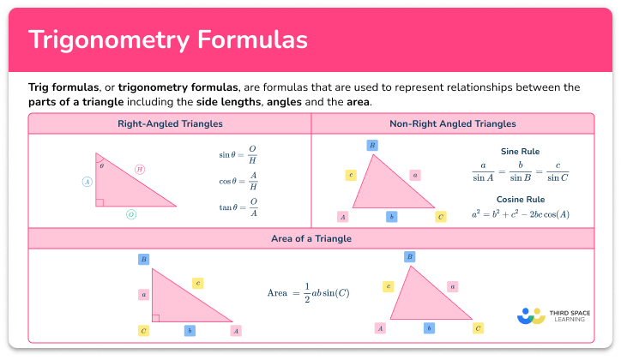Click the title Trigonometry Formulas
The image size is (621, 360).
[x=168, y=40]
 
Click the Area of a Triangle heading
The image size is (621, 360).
[x=310, y=237]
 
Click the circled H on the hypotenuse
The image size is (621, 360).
[x=140, y=170]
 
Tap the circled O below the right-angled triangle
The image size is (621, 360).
[x=131, y=214]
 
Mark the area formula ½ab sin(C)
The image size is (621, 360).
[x=308, y=293]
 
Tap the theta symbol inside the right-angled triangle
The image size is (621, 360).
[x=101, y=165]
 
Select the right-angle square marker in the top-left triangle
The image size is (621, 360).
[x=99, y=202]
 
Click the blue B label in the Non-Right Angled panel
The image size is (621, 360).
[x=372, y=146]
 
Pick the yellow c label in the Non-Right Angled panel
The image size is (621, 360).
[x=351, y=175]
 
